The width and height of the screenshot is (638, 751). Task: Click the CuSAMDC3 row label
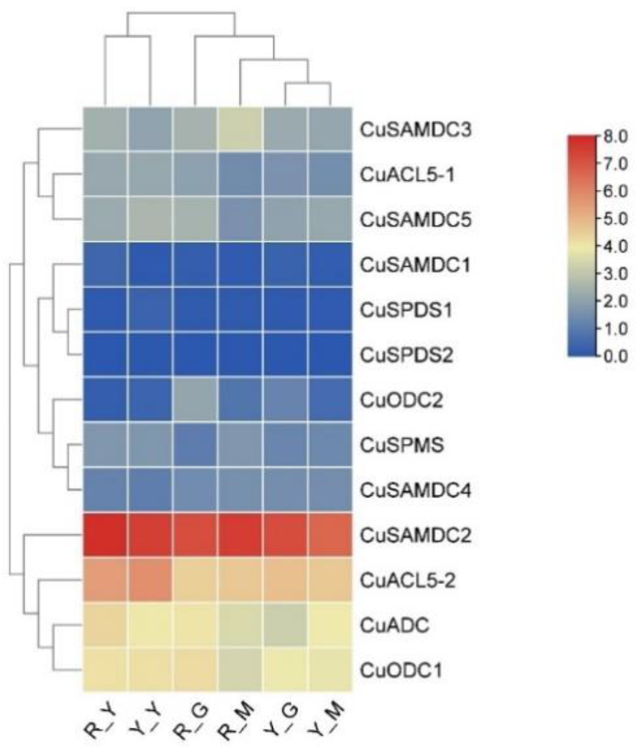point(415,130)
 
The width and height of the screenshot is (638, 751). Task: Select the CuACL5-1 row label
point(407,175)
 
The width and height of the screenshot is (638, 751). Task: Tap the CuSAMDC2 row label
point(415,535)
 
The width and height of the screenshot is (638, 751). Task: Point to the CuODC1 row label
point(401,670)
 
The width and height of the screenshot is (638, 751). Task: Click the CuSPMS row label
point(402,445)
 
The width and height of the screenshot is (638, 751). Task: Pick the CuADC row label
point(395,625)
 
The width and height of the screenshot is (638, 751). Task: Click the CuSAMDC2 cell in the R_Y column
point(105,535)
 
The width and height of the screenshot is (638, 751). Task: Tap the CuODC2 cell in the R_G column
point(195,400)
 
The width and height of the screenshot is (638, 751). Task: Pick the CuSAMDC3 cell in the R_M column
point(240,130)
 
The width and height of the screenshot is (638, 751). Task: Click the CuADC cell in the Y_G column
point(286,625)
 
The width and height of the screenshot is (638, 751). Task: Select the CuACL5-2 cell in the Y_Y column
point(150,580)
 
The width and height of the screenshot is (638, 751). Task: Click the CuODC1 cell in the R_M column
point(240,670)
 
